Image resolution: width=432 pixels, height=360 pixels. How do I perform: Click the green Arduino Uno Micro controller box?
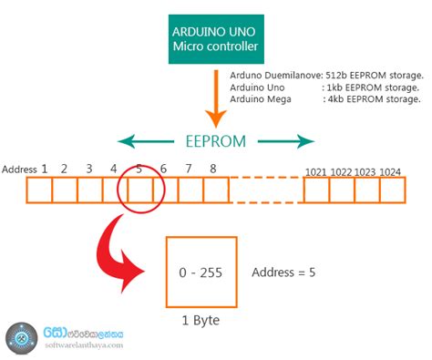point(216,39)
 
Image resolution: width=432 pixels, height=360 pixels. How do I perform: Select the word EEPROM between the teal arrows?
point(216,141)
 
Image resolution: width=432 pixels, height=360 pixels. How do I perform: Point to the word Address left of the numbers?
point(19,170)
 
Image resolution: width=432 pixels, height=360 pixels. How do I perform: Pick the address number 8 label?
point(212,169)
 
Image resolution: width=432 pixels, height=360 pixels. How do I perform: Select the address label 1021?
point(316,170)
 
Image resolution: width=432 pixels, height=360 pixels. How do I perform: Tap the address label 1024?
point(392,170)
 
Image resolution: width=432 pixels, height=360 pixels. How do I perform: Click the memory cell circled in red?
point(139,190)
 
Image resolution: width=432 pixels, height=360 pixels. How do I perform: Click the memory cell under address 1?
point(39,190)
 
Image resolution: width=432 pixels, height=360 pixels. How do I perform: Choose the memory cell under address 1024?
point(392,190)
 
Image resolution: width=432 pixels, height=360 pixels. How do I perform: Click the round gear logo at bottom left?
point(20,338)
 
